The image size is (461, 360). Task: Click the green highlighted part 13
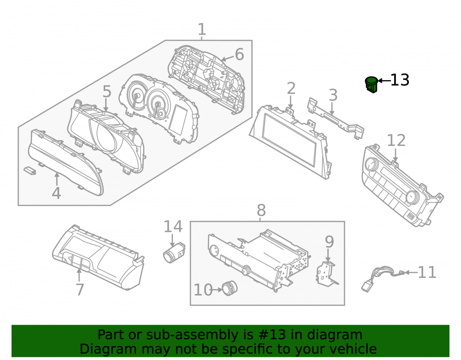pos(372,84)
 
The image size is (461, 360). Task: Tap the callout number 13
pos(400,80)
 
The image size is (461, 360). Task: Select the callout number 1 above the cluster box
pos(202,30)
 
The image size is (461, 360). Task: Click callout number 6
pos(239,54)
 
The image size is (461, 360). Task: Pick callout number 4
pos(56,193)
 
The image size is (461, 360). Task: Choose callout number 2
pos(291,89)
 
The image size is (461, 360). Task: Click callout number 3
pos(333,95)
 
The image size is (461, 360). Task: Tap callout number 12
pos(396,140)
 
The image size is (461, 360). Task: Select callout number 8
pos(261,210)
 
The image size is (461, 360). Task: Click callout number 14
pos(173,227)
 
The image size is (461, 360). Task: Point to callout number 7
pos(80,289)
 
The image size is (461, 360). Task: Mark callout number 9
pos(329,242)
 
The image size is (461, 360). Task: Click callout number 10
pos(203,290)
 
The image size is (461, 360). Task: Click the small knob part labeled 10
pos(229,288)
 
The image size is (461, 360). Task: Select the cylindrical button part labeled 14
pos(174,253)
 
